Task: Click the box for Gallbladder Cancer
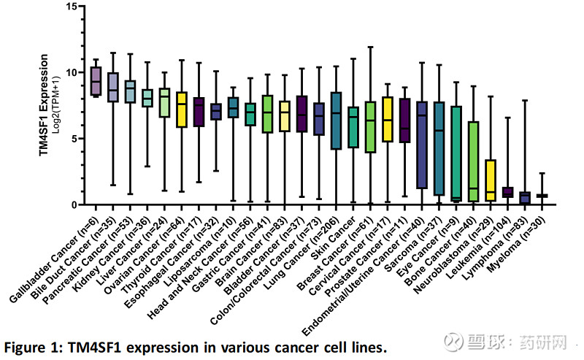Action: click(96, 80)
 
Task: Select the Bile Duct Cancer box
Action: click(112, 88)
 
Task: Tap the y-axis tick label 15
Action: click(71, 7)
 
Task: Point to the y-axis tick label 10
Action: click(71, 72)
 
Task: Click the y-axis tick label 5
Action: click(74, 138)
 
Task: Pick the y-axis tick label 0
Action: click(74, 204)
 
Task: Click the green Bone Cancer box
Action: click(473, 161)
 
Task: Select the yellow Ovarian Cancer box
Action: click(182, 110)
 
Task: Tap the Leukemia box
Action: click(507, 192)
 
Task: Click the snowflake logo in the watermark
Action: click(456, 340)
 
